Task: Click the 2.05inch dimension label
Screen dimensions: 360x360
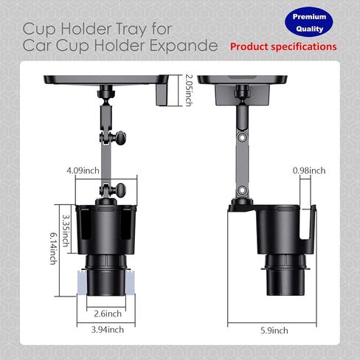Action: [x=189, y=90]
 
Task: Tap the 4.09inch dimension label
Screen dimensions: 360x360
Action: [x=83, y=170]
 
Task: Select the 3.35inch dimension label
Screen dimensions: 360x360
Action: [x=66, y=231]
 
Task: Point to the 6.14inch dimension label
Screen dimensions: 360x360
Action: [x=54, y=249]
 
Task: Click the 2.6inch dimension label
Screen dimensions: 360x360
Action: [x=108, y=314]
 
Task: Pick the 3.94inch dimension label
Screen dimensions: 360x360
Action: [x=108, y=330]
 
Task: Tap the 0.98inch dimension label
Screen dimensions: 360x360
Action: [x=309, y=170]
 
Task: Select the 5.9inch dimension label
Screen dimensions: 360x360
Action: [x=274, y=330]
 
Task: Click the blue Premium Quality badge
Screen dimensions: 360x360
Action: [x=309, y=22]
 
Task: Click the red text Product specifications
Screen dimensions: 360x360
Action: [x=283, y=46]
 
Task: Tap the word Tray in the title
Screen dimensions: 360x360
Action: [x=131, y=30]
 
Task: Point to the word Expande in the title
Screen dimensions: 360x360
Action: [x=184, y=46]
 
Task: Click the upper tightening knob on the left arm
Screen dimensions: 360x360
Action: [x=120, y=138]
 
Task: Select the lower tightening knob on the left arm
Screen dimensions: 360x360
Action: [x=120, y=190]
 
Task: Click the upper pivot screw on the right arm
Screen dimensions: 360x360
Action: [x=242, y=137]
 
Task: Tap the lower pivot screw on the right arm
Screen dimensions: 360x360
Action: [x=242, y=190]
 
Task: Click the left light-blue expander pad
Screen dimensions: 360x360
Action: [x=82, y=283]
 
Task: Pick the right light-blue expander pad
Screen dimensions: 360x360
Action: [x=130, y=283]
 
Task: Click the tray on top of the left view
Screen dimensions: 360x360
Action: [x=106, y=80]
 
